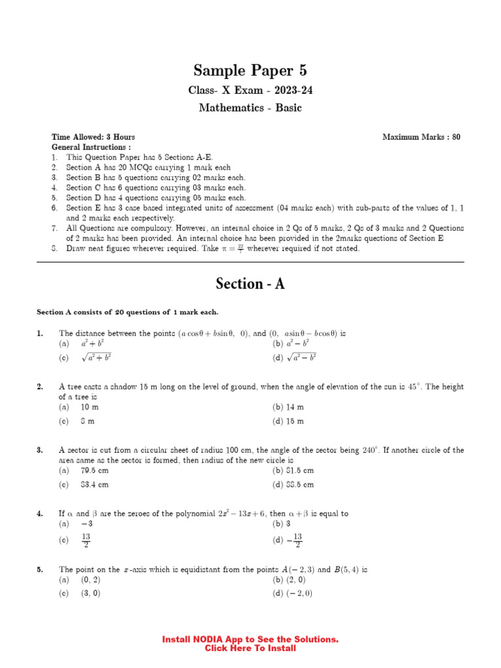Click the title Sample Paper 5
[250, 70]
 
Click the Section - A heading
[250, 284]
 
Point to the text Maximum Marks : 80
[421, 137]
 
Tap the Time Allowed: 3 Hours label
[93, 137]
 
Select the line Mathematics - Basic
[250, 108]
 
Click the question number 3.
[40, 450]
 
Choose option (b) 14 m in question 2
[288, 407]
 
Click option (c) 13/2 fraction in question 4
[85, 541]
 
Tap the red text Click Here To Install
[250, 648]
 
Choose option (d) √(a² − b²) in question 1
[294, 357]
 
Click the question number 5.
[40, 569]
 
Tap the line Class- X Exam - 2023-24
[250, 90]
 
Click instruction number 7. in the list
[55, 228]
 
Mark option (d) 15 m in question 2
[288, 421]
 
